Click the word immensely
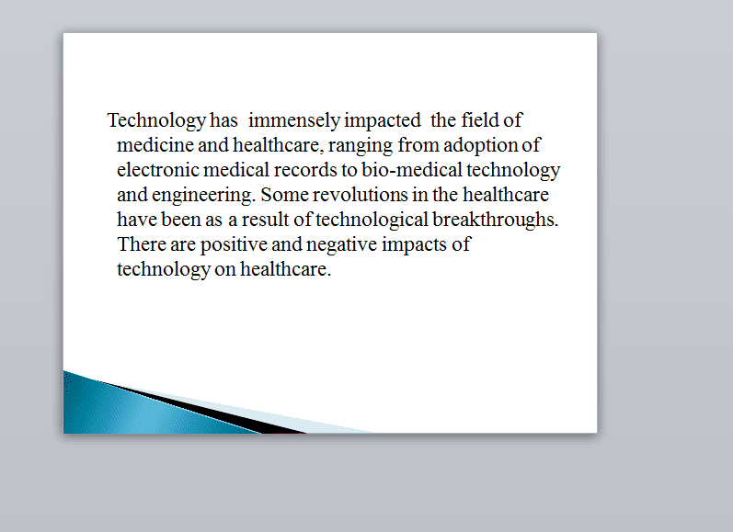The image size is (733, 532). click(x=294, y=121)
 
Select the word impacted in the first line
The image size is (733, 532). click(x=383, y=121)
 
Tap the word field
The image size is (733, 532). click(x=480, y=120)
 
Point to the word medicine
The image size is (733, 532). click(x=155, y=145)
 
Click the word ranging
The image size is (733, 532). click(x=361, y=146)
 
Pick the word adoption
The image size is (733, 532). click(x=481, y=146)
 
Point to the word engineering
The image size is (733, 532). click(x=204, y=195)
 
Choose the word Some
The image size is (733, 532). click(x=285, y=194)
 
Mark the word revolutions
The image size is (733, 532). click(x=360, y=194)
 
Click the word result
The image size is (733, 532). click(x=265, y=219)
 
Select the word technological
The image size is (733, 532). click(x=372, y=220)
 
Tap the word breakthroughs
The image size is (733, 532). click(x=496, y=220)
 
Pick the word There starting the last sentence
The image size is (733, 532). click(x=142, y=243)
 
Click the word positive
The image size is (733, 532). click(x=234, y=244)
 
